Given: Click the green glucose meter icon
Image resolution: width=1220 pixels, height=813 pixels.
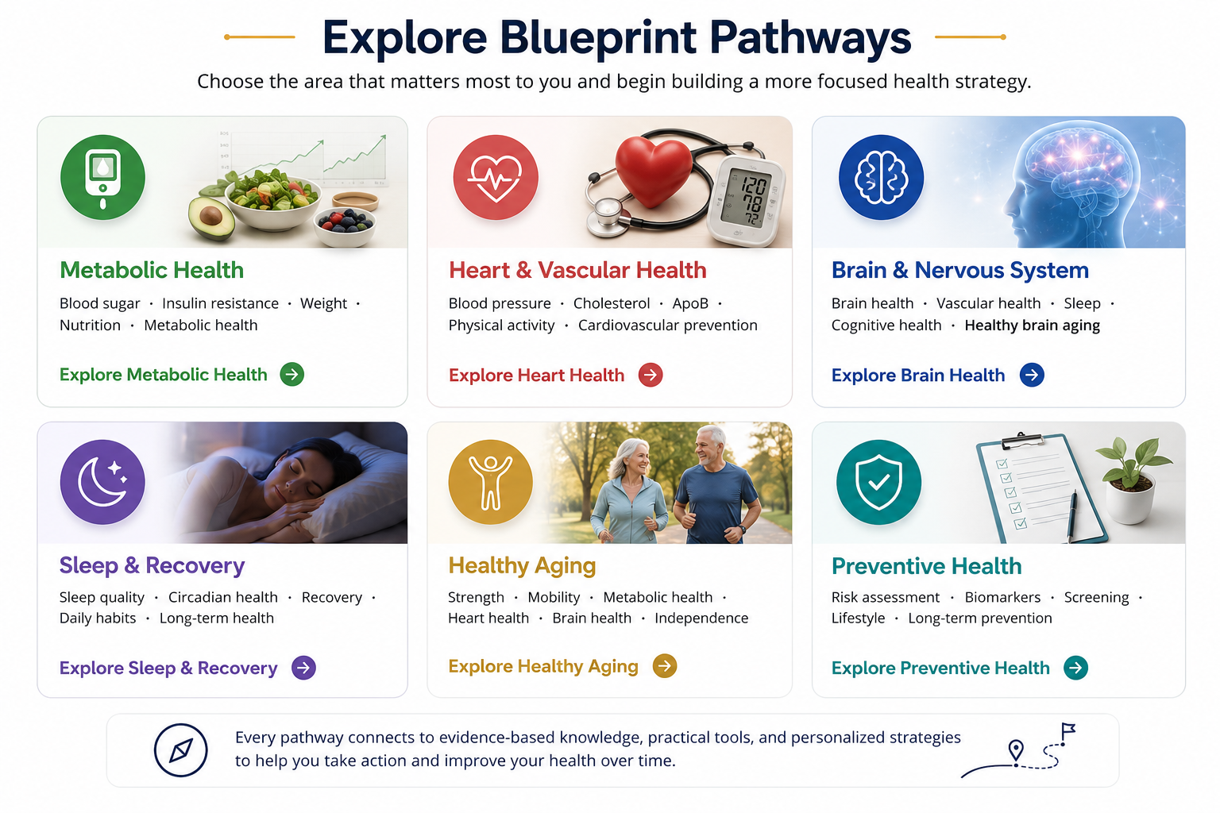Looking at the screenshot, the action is tap(103, 178).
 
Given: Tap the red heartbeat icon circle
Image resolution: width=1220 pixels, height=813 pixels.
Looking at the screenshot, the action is tap(496, 178).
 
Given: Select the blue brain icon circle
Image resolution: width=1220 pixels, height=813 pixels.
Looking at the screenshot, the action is tap(881, 178).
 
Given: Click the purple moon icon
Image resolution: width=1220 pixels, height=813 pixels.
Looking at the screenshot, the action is tap(103, 482).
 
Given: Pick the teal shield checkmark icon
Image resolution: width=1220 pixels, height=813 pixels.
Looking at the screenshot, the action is tap(879, 482).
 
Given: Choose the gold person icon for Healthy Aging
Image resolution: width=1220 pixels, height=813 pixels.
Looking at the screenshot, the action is tap(491, 482).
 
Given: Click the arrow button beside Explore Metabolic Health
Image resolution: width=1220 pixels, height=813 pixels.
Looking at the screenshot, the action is tap(292, 375).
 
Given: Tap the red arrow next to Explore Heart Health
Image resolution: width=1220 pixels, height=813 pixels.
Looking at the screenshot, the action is tap(651, 376).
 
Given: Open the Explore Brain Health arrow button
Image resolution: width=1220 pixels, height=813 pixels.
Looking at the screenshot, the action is tap(1032, 376).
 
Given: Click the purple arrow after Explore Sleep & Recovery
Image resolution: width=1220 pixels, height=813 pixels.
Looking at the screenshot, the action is tap(304, 668).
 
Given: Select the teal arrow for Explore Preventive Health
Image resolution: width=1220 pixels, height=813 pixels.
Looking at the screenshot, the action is tap(1076, 668).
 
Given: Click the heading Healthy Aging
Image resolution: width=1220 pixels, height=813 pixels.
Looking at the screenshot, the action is tap(523, 566).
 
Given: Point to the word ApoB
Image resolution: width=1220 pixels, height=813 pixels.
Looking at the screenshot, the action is tap(690, 303).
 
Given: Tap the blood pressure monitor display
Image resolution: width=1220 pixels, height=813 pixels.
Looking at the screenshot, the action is tap(746, 198).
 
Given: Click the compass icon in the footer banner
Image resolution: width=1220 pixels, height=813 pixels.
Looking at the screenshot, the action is tap(181, 750).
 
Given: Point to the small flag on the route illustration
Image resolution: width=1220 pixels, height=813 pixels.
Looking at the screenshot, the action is tap(1067, 732).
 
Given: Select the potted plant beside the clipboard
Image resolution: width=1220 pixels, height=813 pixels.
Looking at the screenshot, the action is tap(1132, 480).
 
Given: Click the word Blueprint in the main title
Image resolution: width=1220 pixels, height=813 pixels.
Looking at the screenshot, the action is tap(598, 38).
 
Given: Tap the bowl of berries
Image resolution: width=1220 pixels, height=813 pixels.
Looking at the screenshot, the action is tap(345, 226).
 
